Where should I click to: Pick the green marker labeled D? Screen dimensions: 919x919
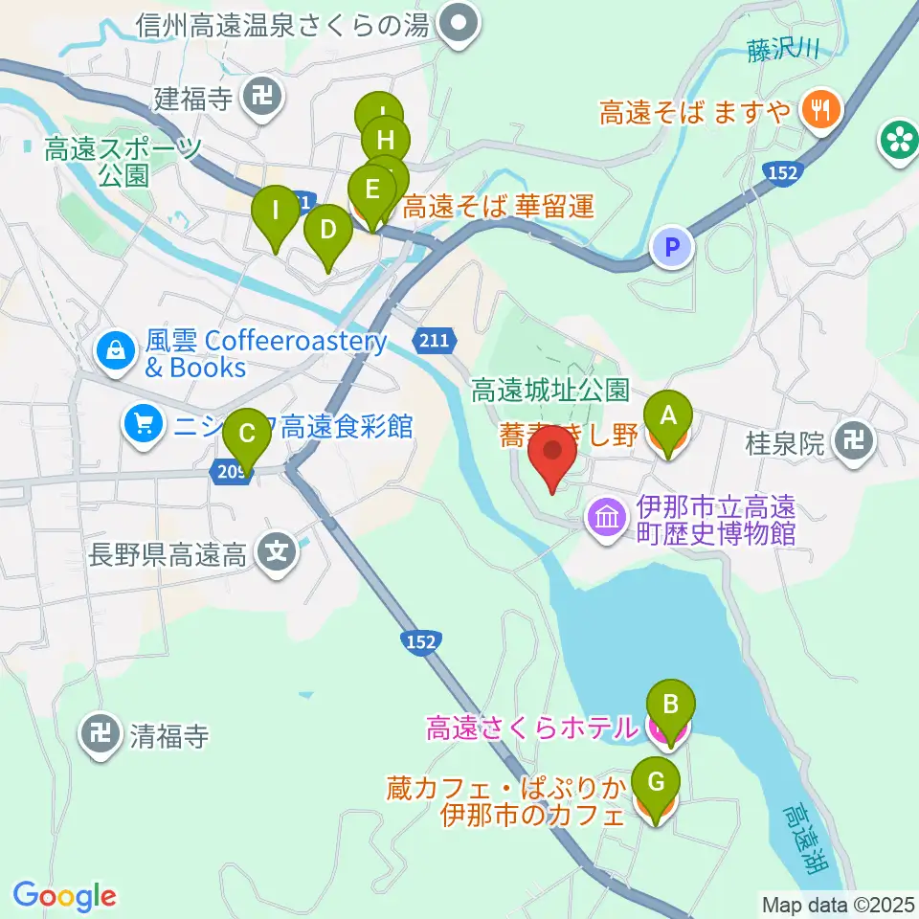327,231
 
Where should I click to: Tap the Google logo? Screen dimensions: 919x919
64,897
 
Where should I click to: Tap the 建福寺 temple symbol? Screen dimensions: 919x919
259,97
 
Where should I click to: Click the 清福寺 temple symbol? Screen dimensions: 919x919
99,734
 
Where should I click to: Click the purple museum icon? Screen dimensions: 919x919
608,520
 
